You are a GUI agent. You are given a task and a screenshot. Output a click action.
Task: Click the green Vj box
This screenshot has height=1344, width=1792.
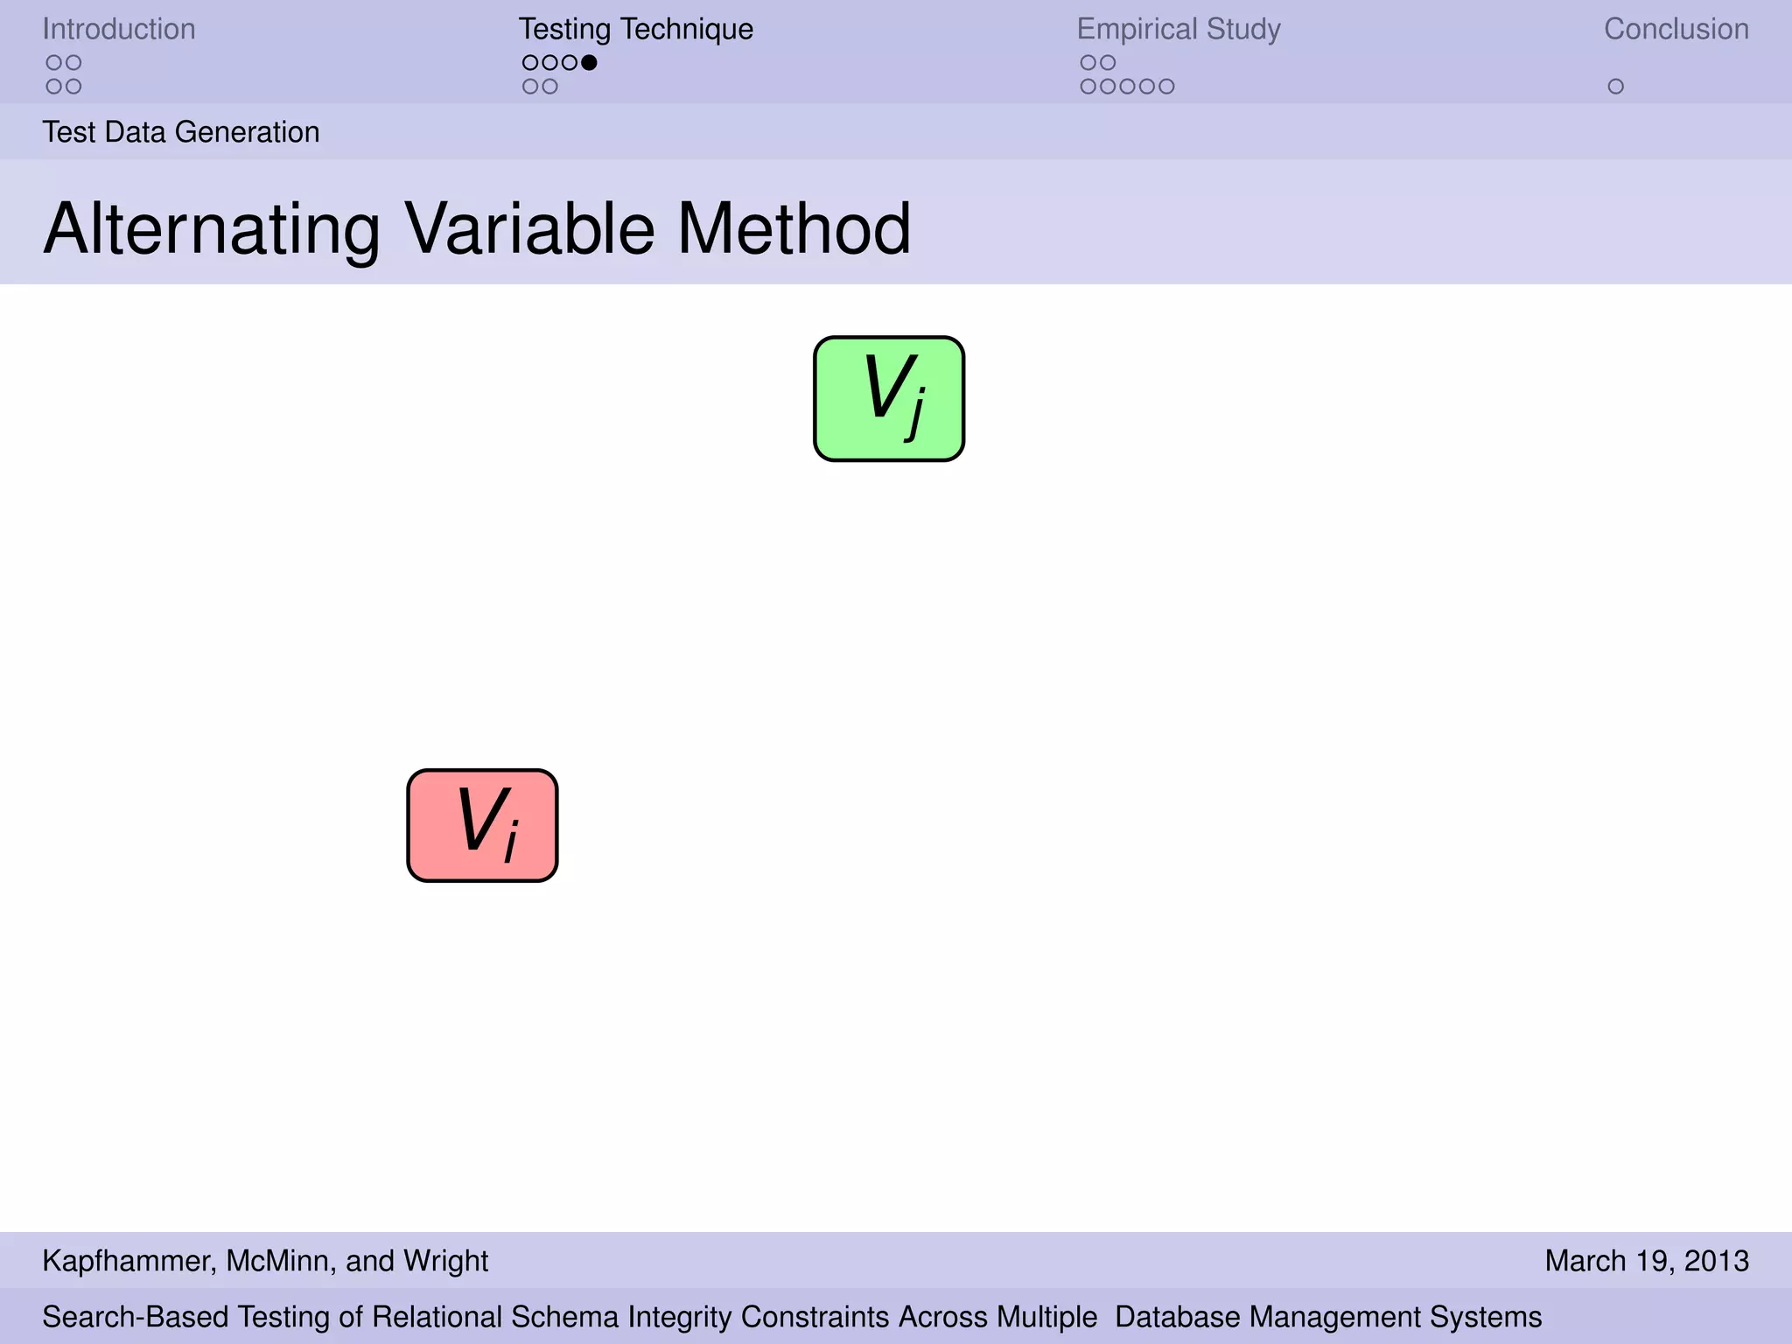click(888, 398)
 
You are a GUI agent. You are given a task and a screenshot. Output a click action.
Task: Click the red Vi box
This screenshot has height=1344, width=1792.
click(482, 825)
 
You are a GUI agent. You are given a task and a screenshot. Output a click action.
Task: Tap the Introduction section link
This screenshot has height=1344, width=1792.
click(119, 29)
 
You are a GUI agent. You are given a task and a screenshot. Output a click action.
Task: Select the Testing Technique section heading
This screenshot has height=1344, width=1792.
click(635, 29)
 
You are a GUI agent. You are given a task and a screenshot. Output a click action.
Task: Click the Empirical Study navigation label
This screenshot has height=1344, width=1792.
click(1178, 29)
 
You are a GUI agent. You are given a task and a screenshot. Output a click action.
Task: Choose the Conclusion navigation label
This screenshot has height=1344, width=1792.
click(1676, 29)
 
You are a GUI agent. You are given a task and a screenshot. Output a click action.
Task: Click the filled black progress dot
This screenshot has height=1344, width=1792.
click(589, 62)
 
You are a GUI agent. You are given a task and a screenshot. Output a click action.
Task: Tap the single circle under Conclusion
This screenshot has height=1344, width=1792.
click(1615, 87)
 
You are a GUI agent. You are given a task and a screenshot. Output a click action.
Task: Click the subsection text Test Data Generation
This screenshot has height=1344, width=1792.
click(181, 132)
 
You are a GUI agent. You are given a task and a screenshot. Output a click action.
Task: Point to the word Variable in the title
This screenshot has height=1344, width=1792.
click(529, 229)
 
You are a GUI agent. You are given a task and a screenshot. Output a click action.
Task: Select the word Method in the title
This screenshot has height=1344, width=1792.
click(794, 229)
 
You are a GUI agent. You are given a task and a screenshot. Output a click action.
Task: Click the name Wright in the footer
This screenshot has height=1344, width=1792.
click(446, 1261)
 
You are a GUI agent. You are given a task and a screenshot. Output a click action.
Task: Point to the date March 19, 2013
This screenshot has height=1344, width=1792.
click(1646, 1261)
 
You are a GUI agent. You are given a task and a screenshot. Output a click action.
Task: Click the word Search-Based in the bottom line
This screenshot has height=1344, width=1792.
click(136, 1317)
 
